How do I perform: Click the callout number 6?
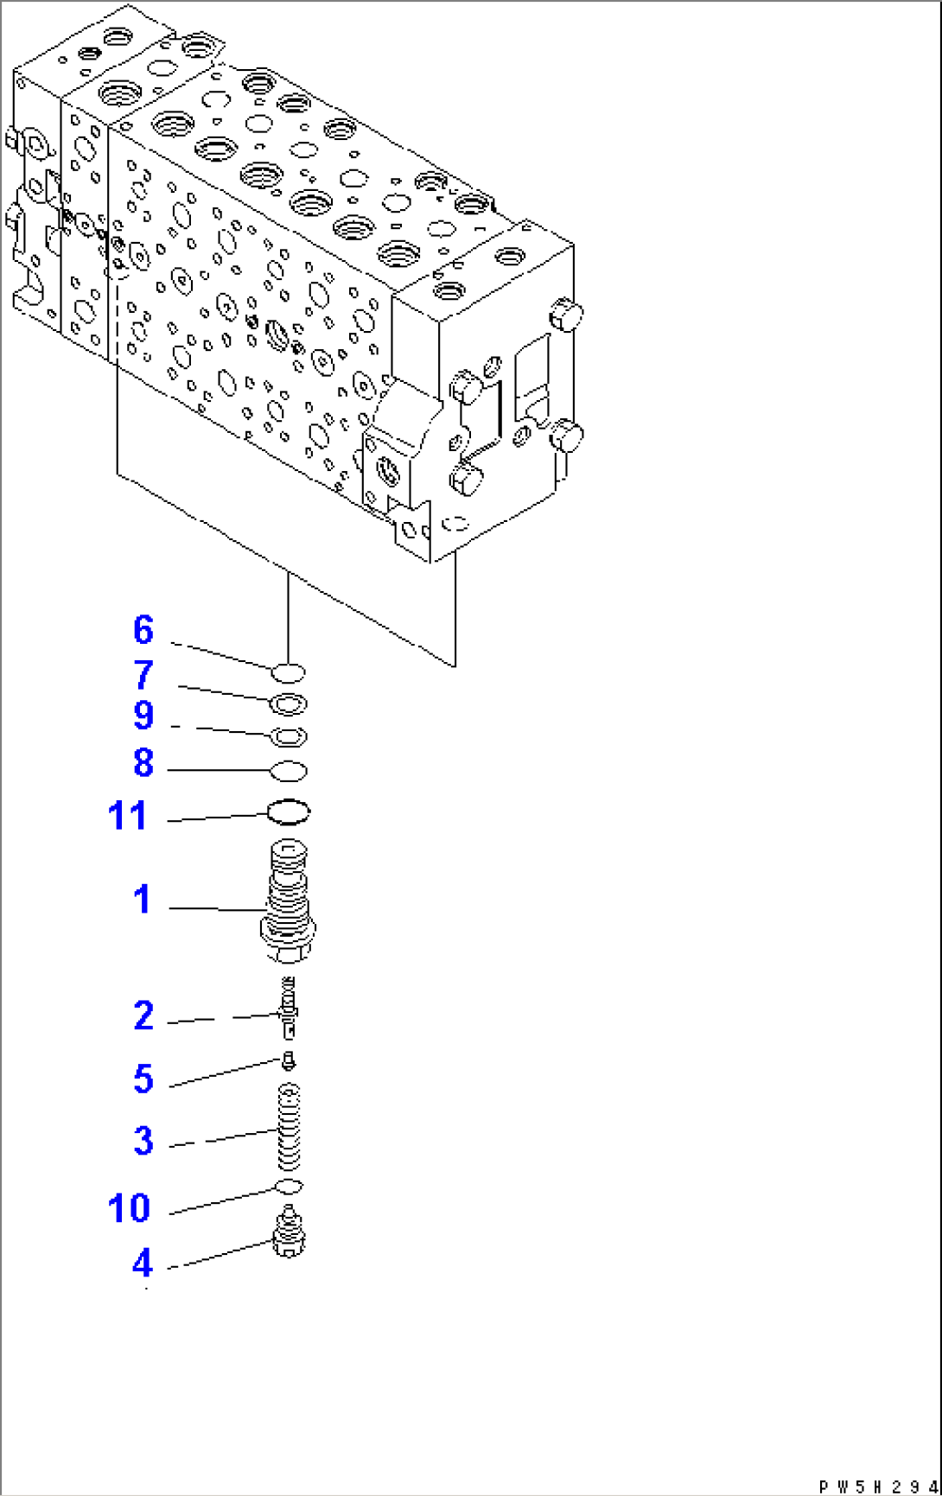coord(143,630)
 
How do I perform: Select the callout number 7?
coord(143,675)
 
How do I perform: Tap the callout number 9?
coord(143,716)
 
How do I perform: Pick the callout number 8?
coord(143,763)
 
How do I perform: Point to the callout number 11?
coord(128,816)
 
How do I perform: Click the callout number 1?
coord(143,900)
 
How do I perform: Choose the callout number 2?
coord(143,1015)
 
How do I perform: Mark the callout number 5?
coord(143,1079)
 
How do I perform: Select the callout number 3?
coord(143,1141)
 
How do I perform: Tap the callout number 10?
coord(129,1207)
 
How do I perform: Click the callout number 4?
coord(143,1264)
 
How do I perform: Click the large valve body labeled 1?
coord(289,903)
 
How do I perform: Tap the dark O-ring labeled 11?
coord(289,812)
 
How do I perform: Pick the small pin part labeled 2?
coord(289,1008)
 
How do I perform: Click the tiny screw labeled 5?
coord(289,1060)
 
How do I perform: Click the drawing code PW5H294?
coord(876,1486)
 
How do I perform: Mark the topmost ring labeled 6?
coord(289,672)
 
